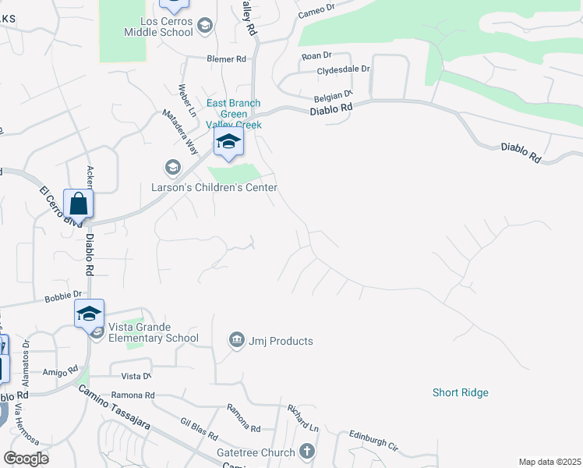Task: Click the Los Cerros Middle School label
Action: [x=158, y=27]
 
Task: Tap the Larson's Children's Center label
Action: [x=214, y=187]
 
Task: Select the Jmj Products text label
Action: [x=281, y=341]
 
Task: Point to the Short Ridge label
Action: [x=461, y=392]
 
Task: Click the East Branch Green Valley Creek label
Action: [x=233, y=114]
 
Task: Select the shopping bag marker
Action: [x=79, y=204]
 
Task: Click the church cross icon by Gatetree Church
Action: [x=307, y=452]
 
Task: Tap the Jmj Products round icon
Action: [x=236, y=340]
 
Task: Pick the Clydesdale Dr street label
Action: [x=343, y=69]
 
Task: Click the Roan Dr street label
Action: [x=316, y=55]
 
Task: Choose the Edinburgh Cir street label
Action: [x=373, y=441]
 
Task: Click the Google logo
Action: [x=26, y=459]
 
